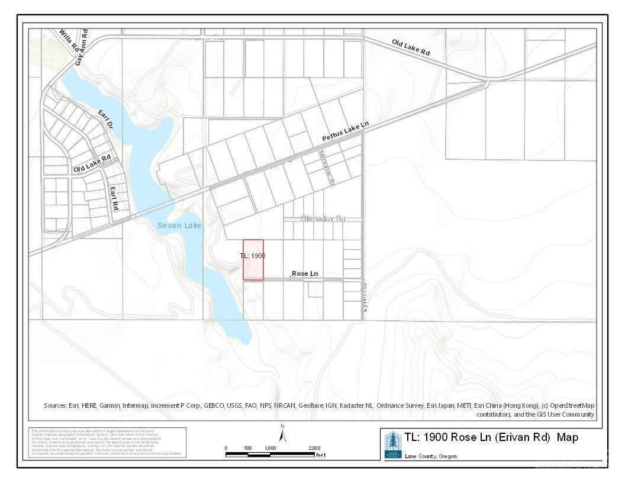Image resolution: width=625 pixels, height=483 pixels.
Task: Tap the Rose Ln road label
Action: [305, 273]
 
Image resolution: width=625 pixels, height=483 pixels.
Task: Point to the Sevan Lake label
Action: [179, 226]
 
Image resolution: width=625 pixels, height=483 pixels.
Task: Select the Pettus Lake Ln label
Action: [345, 131]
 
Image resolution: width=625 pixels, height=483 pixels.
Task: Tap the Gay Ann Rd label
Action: [82, 47]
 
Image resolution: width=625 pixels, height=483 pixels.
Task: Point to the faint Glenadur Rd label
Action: [323, 218]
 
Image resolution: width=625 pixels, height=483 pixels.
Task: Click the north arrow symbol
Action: [283, 435]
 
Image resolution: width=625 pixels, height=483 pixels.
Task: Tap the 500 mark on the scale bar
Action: [247, 448]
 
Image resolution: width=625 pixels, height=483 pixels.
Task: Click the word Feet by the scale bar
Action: [321, 455]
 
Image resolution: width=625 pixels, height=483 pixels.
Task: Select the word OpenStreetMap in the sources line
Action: [569, 405]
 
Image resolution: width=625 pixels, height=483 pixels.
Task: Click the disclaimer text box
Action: [107, 442]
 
